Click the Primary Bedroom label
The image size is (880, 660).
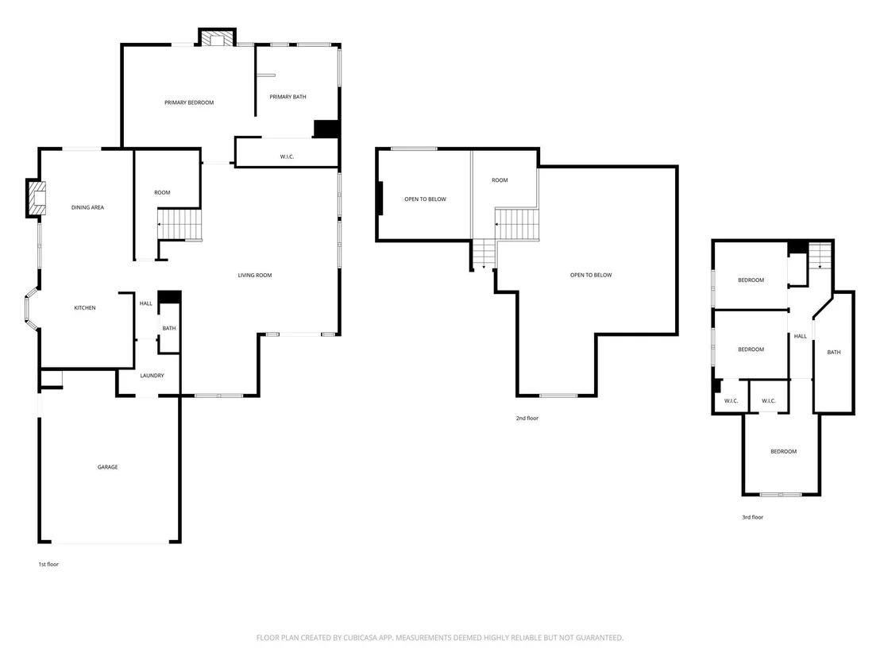(189, 102)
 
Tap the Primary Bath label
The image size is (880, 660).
(288, 97)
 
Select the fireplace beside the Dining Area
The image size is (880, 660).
(37, 198)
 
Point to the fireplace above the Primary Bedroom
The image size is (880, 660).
(217, 37)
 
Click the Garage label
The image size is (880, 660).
(108, 467)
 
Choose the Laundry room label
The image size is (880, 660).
(152, 376)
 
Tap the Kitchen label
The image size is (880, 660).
(85, 308)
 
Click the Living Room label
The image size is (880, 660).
(255, 276)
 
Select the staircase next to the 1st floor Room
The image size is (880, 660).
(179, 225)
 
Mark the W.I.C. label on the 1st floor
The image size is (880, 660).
(287, 157)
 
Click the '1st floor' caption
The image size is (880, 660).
(48, 565)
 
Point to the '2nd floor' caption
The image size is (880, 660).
(527, 418)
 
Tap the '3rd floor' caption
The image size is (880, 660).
(753, 518)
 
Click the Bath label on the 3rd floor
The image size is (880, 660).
(834, 353)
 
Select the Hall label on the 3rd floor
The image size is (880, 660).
(801, 337)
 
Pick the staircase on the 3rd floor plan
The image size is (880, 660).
(820, 256)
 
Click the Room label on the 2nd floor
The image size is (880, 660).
(500, 181)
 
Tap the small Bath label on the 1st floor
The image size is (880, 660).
(169, 329)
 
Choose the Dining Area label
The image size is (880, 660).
(87, 207)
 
